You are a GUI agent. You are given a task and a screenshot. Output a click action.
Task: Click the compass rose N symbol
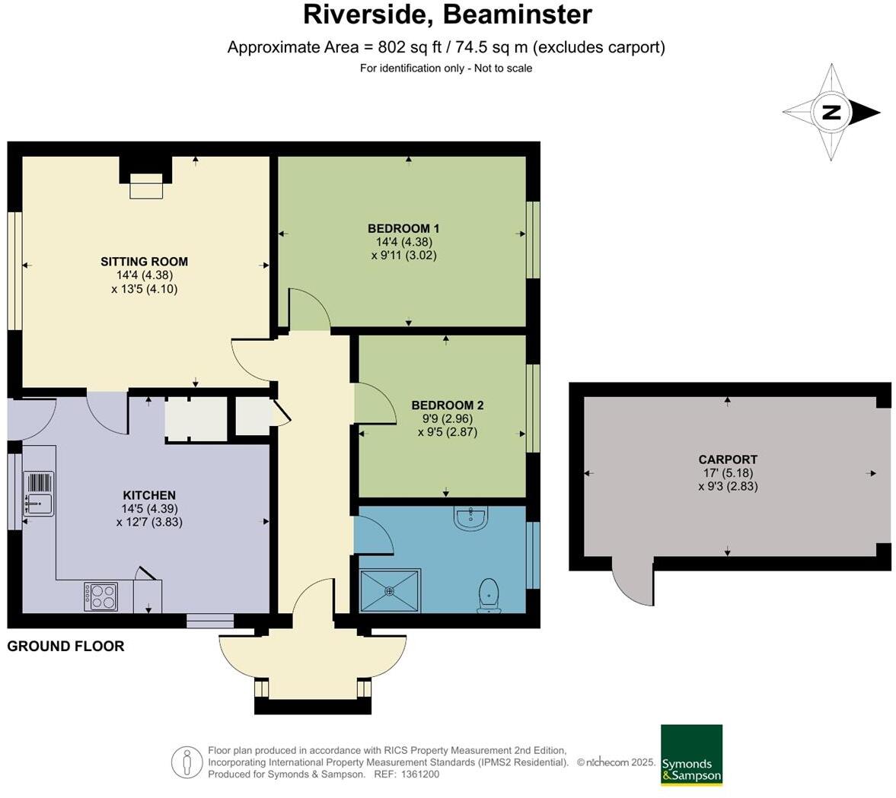[x=831, y=113]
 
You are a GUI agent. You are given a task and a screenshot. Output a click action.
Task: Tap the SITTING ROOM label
[x=144, y=261]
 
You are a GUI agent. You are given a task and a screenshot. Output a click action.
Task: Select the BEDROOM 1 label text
[x=403, y=228]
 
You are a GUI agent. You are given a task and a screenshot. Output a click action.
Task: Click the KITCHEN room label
[x=149, y=495]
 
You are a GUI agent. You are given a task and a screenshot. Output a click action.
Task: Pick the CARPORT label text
[x=728, y=459]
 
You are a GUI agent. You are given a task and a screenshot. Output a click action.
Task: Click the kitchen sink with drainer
[x=38, y=494]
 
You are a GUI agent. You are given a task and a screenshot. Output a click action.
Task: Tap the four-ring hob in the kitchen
[x=101, y=596]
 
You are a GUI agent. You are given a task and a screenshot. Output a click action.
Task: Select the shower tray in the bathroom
[x=391, y=590]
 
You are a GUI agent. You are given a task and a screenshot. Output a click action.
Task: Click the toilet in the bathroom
[x=488, y=594]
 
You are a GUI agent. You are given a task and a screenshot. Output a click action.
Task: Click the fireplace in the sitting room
[x=146, y=185]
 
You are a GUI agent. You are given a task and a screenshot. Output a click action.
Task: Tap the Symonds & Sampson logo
[x=691, y=755]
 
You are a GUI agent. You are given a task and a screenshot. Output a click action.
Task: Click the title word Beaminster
[x=518, y=14]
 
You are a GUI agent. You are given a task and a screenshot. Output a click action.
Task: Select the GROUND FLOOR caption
[x=65, y=647]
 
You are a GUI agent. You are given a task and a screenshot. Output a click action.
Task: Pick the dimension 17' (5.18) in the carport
[x=728, y=473]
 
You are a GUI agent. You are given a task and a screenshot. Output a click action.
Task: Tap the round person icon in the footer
[x=187, y=761]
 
